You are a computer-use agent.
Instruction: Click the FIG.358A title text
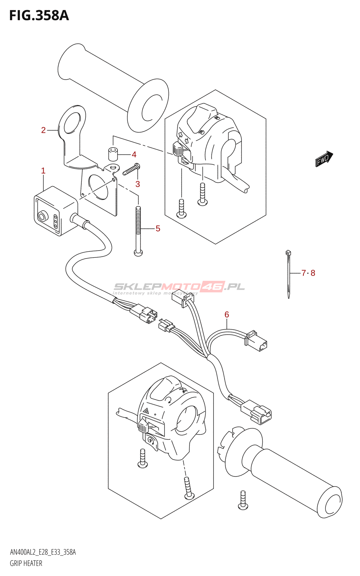coord(39,15)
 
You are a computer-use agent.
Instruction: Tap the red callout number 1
coord(43,171)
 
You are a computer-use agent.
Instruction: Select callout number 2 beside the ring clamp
coord(43,130)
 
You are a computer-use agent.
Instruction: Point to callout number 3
coord(138,184)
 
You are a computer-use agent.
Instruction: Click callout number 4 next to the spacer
coord(134,154)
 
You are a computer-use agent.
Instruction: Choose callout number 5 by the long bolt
coord(158,228)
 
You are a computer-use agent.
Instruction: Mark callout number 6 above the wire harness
coord(227,314)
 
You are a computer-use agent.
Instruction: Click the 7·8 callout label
coord(308,273)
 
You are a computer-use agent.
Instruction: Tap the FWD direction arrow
coord(324,159)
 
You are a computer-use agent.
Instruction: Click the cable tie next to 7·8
coord(288,274)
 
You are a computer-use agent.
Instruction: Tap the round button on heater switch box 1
coord(42,216)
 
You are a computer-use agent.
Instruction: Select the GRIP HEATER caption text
coord(26,563)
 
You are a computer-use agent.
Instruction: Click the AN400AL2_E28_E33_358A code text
coord(42,552)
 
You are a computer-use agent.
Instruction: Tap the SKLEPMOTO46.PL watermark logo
coord(179,287)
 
